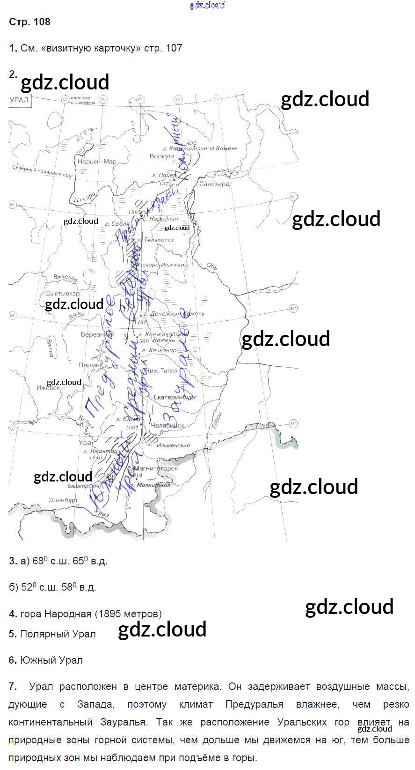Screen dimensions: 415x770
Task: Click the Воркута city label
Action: click(x=162, y=156)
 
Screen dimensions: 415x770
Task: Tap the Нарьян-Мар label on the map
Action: click(x=97, y=162)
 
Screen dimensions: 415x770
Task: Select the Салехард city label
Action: click(x=214, y=184)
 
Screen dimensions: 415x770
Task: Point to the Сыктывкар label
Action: click(x=62, y=294)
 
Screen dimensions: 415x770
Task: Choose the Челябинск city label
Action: click(x=167, y=425)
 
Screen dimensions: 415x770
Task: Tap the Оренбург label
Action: click(x=63, y=500)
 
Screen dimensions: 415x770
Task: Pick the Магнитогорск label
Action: click(x=156, y=468)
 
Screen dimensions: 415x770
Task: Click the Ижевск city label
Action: click(x=48, y=388)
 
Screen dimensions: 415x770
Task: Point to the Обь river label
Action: click(x=212, y=267)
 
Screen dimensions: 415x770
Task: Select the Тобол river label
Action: click(x=216, y=421)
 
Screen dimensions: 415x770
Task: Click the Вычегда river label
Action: click(x=65, y=278)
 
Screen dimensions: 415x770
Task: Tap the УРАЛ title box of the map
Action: click(x=19, y=100)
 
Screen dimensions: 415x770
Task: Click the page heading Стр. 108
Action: click(x=29, y=22)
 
